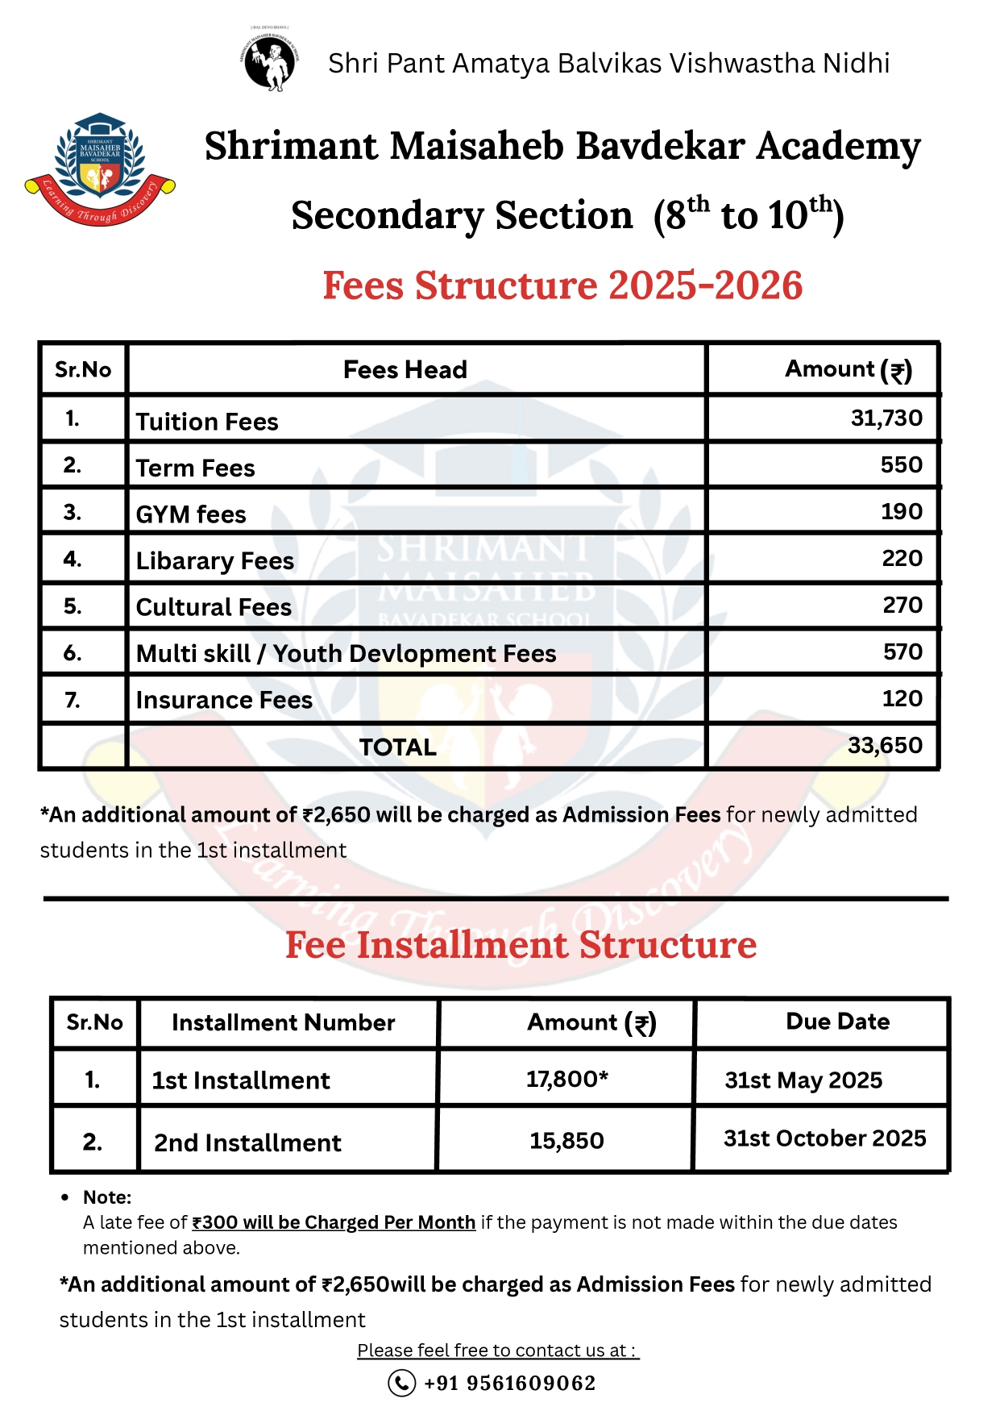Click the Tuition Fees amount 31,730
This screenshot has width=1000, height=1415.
(x=886, y=418)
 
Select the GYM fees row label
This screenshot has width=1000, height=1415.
(x=191, y=514)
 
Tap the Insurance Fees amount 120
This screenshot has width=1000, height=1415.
(x=902, y=698)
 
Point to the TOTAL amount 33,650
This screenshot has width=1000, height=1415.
(x=885, y=745)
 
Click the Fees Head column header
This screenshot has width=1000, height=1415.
(x=405, y=369)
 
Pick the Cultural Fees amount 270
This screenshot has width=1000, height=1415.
(x=902, y=605)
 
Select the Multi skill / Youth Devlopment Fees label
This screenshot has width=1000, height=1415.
(x=346, y=653)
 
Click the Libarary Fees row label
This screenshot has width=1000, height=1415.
(x=215, y=560)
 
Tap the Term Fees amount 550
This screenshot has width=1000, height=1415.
(x=901, y=464)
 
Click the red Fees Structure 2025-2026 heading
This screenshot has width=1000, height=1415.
(x=562, y=285)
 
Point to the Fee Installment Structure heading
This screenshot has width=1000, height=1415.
(x=521, y=945)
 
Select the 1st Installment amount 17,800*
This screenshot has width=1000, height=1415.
(x=566, y=1079)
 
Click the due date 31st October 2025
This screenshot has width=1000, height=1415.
(x=824, y=1138)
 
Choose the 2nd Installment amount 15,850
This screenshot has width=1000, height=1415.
(x=566, y=1140)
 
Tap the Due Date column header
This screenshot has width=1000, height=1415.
(x=837, y=1022)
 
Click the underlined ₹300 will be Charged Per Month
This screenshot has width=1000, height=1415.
(x=334, y=1222)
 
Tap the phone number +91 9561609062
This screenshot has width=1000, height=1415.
(x=509, y=1383)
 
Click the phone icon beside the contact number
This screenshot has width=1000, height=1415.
(x=401, y=1383)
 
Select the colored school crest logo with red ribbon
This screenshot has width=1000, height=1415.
(x=100, y=169)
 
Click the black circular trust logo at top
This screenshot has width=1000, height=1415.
(x=269, y=60)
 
